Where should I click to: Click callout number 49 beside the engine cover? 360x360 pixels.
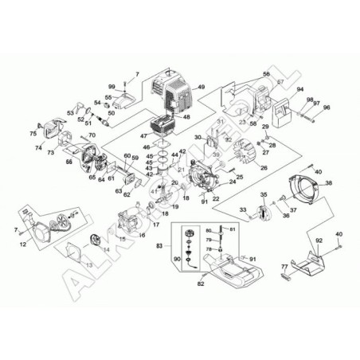[x=202, y=87]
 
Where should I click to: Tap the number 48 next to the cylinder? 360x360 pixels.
[x=186, y=117]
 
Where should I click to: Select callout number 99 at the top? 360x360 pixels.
[x=112, y=85]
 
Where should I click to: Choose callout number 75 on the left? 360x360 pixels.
[x=33, y=133]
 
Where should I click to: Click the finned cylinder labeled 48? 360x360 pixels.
[x=163, y=127]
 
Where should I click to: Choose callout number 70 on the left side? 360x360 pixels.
[x=92, y=136]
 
